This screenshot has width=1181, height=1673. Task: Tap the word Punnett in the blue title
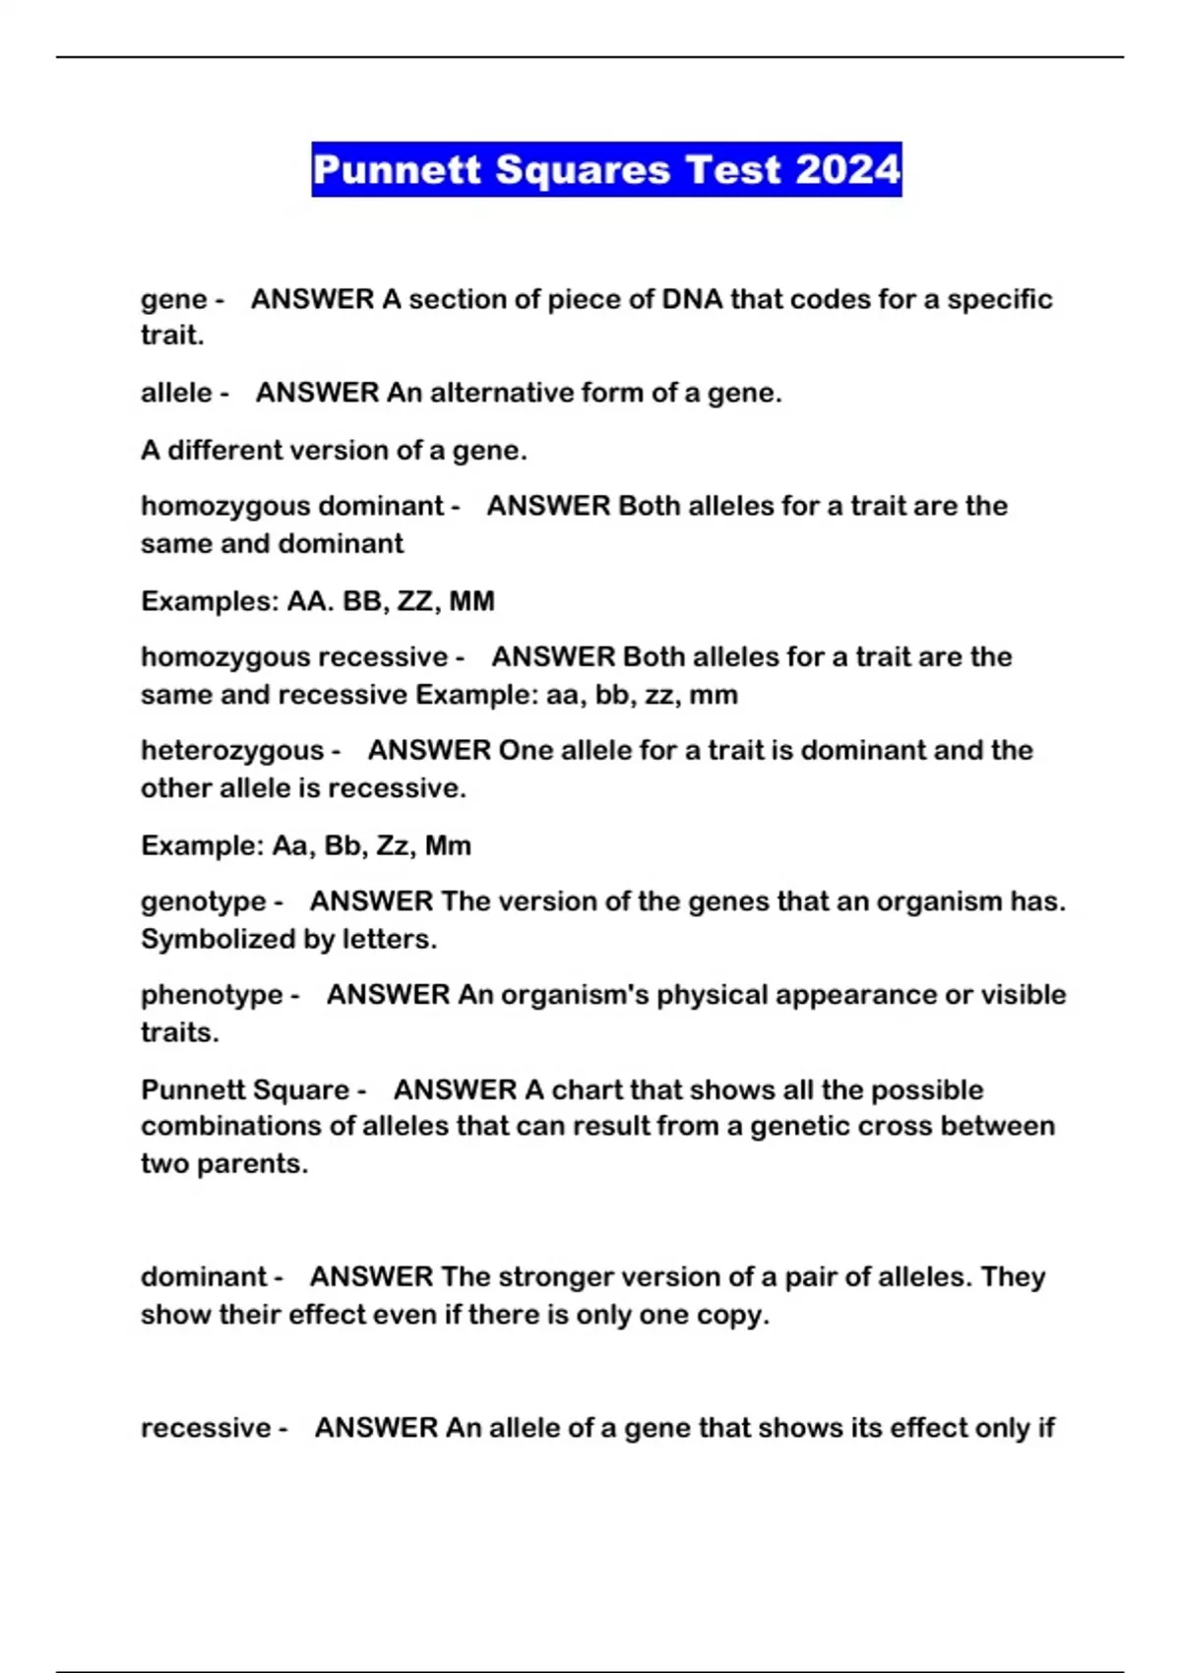399,169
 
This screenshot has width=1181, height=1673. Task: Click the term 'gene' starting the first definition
174,299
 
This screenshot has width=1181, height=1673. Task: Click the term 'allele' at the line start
177,393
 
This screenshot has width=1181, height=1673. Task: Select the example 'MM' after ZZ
471,600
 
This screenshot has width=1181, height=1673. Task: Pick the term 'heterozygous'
232,751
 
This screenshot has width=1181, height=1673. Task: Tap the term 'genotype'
204,901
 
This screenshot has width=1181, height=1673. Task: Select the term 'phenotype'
212,995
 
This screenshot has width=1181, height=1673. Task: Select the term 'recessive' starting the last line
206,1427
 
